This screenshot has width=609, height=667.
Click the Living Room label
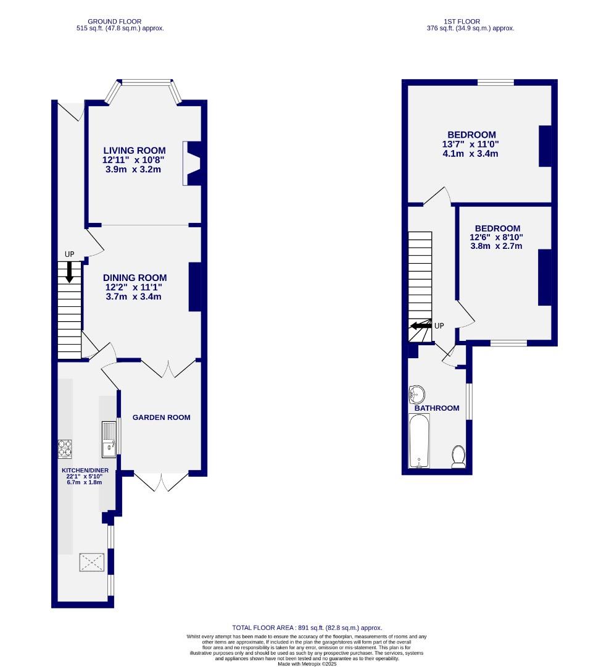click(x=134, y=150)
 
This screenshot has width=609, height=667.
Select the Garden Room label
click(x=162, y=417)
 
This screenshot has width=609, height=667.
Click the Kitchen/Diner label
click(x=85, y=470)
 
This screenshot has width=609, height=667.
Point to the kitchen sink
click(x=109, y=438)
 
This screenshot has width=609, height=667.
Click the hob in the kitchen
click(x=65, y=448)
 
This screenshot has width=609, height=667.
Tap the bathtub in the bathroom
click(x=420, y=441)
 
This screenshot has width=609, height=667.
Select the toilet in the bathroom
click(x=458, y=456)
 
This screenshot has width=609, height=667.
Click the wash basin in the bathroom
click(x=416, y=393)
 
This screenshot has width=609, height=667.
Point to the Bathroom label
click(x=437, y=408)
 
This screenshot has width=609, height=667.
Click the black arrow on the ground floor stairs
click(x=69, y=271)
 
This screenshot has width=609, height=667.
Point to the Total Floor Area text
click(x=307, y=627)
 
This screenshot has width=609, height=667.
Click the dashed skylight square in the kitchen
click(x=92, y=563)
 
